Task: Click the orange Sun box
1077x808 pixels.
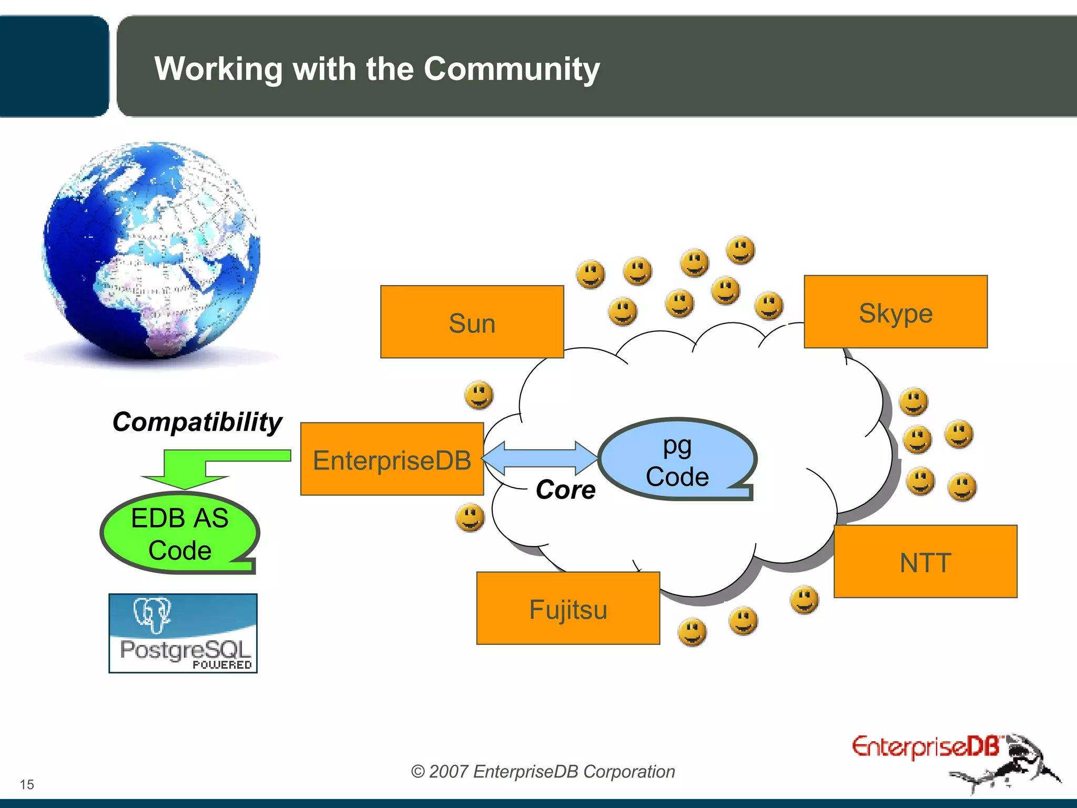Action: coord(472,322)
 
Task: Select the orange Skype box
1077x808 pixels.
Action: coord(895,312)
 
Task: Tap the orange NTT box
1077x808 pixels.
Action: coord(925,561)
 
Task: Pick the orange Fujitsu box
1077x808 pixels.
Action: coord(568,608)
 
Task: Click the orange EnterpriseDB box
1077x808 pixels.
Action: coord(392,459)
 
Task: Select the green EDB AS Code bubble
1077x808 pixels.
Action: coord(179,533)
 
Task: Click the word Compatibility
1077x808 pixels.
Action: coord(197,422)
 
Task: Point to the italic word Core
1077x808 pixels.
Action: coord(565,490)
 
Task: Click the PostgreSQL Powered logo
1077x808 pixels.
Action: coord(183,634)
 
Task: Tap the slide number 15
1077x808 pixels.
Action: coord(27,784)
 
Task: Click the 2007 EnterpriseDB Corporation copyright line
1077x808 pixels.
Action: coord(543,771)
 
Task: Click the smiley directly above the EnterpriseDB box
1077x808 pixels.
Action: coord(479,395)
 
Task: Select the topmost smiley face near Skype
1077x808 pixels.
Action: coord(740,250)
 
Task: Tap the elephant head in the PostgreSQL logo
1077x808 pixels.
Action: coord(152,613)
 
